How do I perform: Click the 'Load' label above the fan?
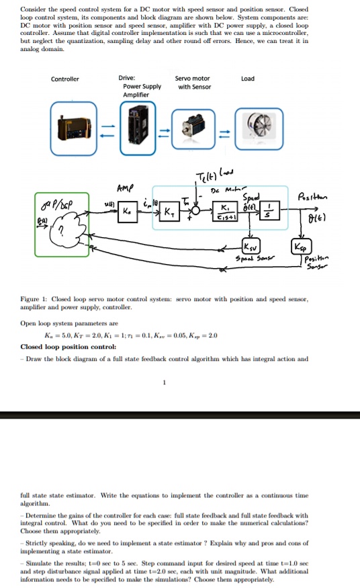click(x=248, y=79)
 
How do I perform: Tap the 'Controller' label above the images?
click(x=65, y=79)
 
